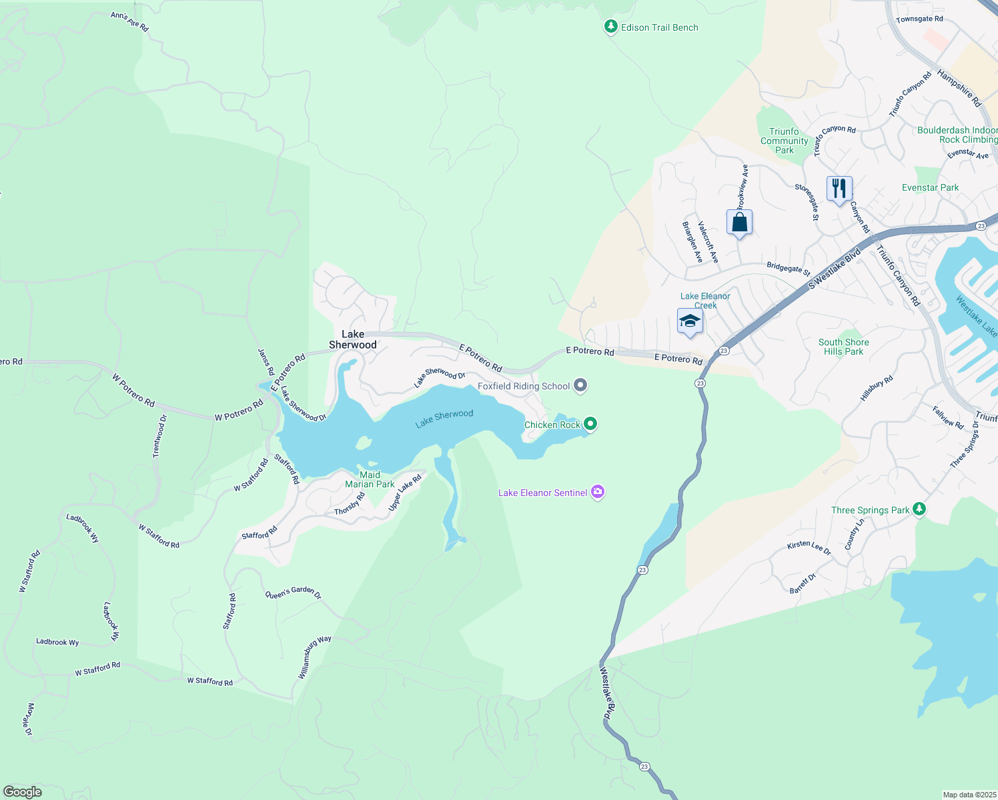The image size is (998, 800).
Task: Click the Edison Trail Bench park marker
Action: click(610, 27)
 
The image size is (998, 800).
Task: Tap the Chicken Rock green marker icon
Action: click(590, 424)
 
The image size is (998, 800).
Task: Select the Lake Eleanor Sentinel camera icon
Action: click(598, 493)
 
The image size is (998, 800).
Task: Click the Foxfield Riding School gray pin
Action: click(580, 385)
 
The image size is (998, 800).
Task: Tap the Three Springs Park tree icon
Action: click(919, 509)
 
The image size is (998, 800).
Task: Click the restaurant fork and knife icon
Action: click(839, 188)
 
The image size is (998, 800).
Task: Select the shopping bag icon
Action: click(739, 222)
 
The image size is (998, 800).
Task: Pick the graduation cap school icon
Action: click(690, 321)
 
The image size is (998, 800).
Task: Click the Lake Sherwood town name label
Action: click(353, 339)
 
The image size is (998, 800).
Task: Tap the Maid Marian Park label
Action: click(370, 480)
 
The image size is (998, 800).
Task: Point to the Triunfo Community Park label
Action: click(784, 141)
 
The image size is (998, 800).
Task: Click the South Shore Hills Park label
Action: click(843, 347)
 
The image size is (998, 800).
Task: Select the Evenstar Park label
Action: click(930, 187)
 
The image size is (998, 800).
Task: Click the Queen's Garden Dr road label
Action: click(294, 593)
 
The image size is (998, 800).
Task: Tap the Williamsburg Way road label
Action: click(314, 657)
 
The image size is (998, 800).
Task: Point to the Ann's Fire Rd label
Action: click(129, 22)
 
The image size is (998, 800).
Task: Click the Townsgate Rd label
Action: click(919, 19)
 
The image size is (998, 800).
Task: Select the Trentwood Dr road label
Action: click(159, 436)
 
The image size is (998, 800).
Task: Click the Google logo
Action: click(23, 791)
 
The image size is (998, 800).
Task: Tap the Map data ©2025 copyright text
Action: click(969, 795)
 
